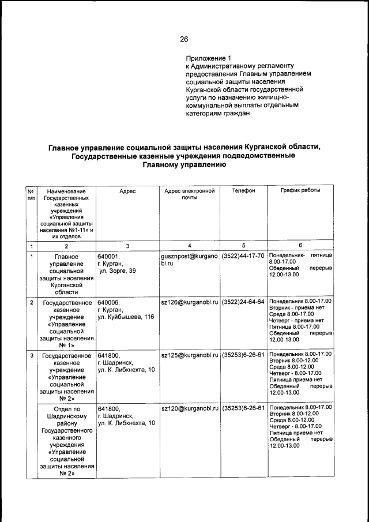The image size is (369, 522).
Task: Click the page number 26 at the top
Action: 184,39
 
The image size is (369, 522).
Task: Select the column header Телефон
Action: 243,191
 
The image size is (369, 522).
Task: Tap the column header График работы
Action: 300,191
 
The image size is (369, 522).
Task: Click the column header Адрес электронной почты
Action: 189,194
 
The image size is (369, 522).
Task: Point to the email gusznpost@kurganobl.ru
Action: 189,259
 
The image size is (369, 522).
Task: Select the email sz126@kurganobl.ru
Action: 189,302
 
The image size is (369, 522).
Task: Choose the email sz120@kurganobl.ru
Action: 189,408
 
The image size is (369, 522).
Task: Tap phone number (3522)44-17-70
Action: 243,256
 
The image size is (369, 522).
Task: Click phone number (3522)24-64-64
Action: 243,302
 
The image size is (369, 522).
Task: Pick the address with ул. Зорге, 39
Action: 118,271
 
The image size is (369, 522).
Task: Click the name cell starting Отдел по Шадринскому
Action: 66,441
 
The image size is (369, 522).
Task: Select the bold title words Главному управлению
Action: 184,164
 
